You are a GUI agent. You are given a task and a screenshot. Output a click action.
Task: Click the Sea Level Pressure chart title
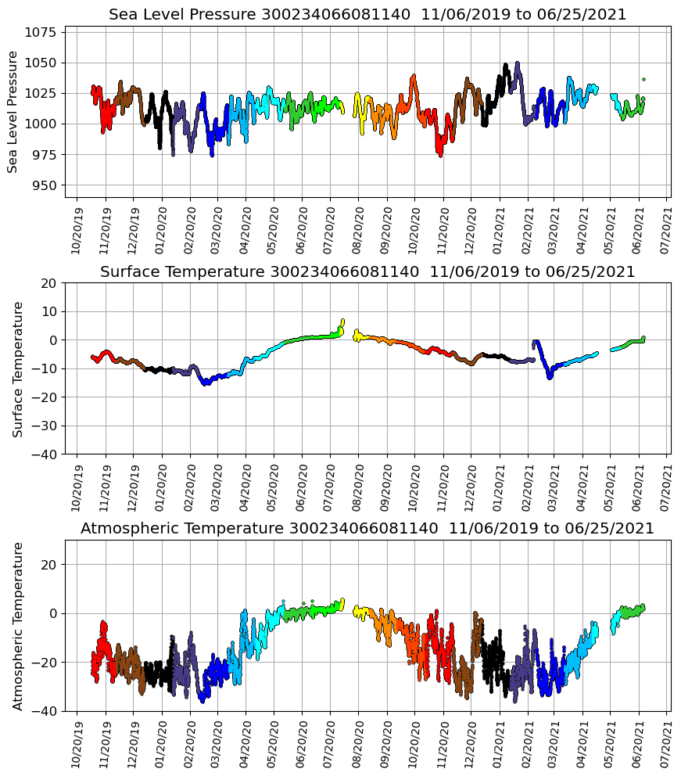pos(367,15)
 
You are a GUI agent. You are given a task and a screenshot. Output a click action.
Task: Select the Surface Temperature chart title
pos(367,271)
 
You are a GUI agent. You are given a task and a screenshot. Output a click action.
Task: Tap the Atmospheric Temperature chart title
pos(367,529)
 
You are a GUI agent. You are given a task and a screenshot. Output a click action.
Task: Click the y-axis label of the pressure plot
pos(13,112)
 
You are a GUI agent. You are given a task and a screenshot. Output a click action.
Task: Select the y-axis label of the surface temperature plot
pos(17,368)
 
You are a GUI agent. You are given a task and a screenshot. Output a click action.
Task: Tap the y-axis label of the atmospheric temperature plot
pos(17,626)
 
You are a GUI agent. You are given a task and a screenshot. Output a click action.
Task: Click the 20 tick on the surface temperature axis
pos(50,283)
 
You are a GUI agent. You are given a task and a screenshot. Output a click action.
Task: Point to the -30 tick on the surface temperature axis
pos(45,426)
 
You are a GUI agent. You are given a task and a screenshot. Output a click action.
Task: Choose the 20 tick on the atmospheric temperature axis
pos(50,565)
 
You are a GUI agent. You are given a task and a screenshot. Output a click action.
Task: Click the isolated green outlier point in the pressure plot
pos(643,79)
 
